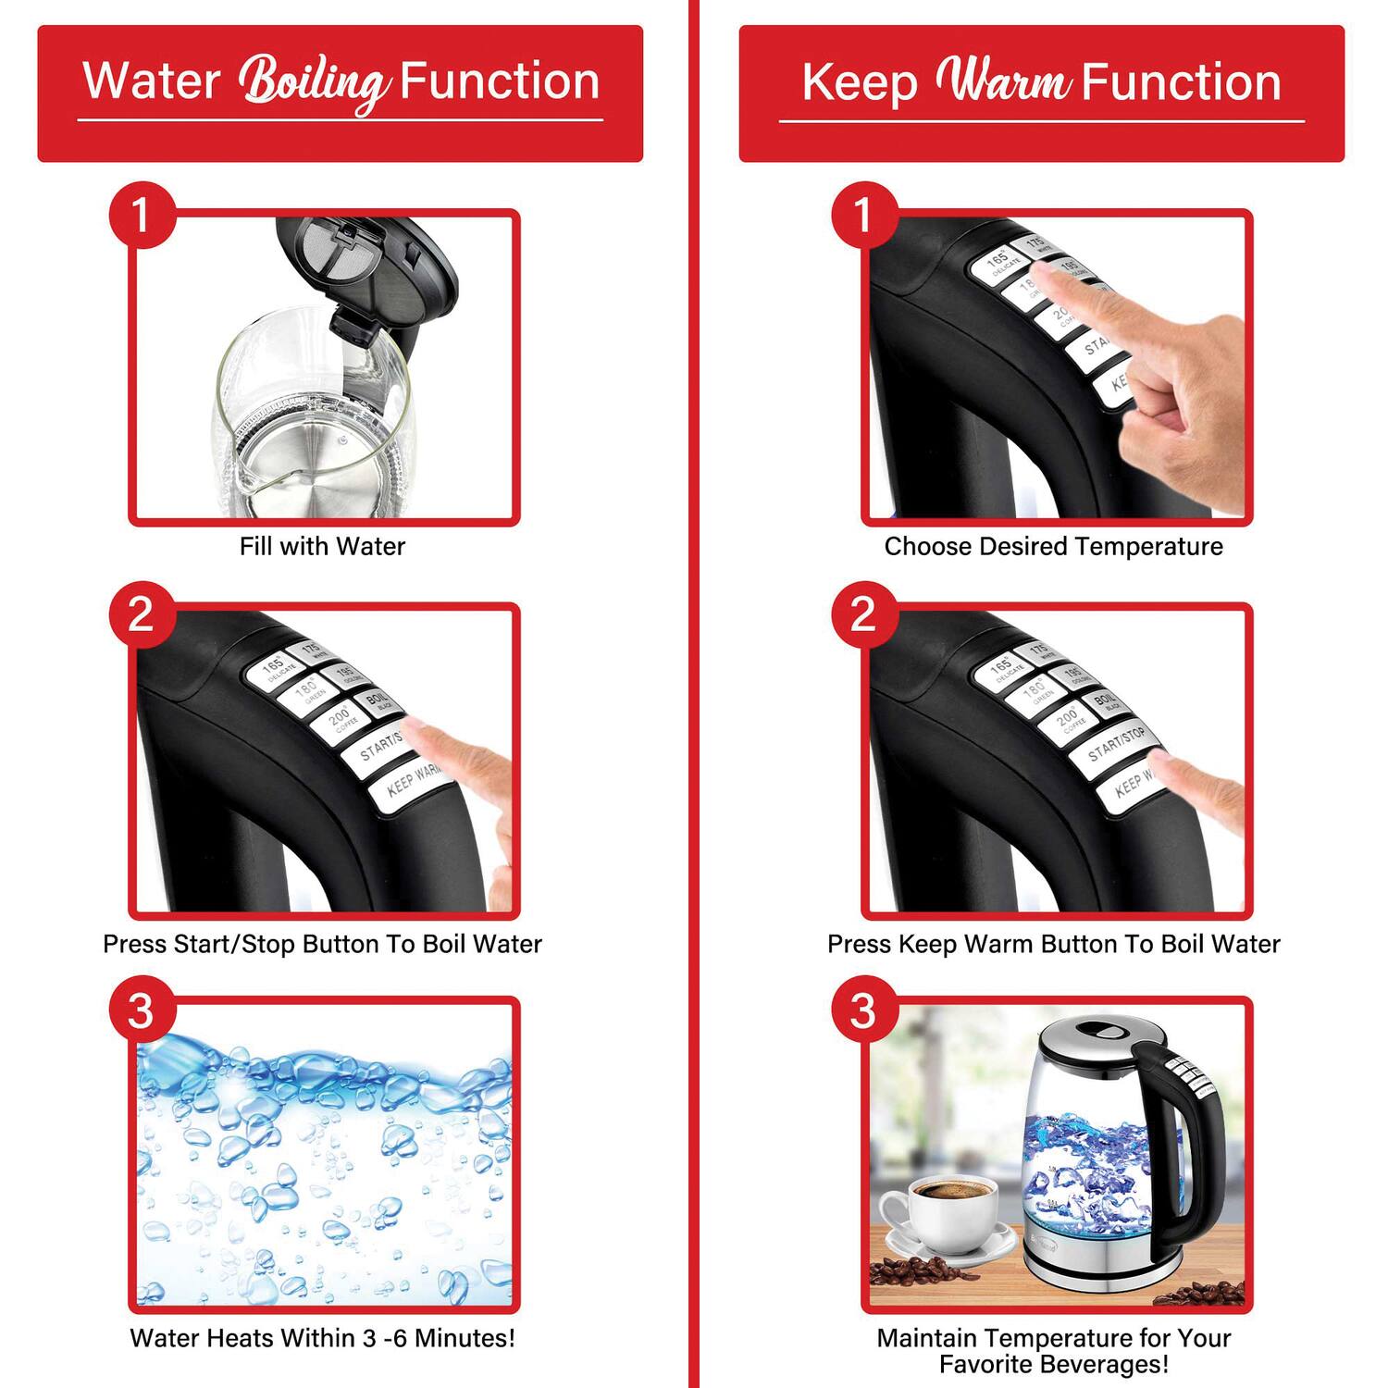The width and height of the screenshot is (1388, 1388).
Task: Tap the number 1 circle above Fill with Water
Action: (x=142, y=216)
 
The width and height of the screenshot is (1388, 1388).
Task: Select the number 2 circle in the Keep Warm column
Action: (x=863, y=614)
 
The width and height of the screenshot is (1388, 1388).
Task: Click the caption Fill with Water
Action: (x=322, y=547)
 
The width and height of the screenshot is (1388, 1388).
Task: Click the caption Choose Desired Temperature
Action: (x=1053, y=547)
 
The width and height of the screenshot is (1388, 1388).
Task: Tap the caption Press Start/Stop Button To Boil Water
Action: (x=322, y=944)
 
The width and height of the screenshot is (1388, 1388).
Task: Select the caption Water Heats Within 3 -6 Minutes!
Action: (x=322, y=1338)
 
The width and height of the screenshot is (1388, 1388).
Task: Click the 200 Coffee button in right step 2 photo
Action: (x=1069, y=719)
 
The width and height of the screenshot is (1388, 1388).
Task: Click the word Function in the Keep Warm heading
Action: (x=1182, y=81)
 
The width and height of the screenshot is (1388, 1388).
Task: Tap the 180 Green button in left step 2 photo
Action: (x=307, y=693)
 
